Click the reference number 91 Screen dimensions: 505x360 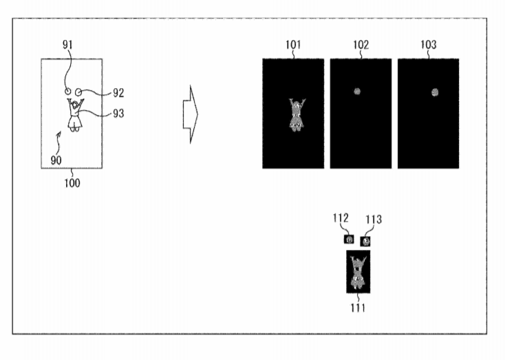(67, 45)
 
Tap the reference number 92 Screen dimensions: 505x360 (118, 93)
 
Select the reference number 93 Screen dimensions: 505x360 (118, 114)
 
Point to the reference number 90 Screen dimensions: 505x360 (56, 160)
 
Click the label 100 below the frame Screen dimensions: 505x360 (72, 183)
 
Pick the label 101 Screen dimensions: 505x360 (293, 45)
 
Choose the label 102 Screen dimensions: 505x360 (361, 45)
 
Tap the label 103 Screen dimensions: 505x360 (429, 45)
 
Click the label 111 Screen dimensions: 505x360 (358, 308)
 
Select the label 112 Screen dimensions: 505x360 (341, 218)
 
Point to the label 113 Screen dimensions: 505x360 (374, 220)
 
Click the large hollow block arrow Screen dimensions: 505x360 (191, 114)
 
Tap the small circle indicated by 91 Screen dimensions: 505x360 (67, 92)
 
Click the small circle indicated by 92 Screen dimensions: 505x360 (78, 92)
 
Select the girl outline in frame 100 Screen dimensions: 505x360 (75, 115)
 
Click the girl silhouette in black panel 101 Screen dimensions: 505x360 (297, 115)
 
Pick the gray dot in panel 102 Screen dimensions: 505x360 (357, 92)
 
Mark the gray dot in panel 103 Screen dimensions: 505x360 (435, 92)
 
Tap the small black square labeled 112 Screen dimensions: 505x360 (349, 240)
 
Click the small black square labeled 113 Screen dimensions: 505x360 (365, 242)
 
